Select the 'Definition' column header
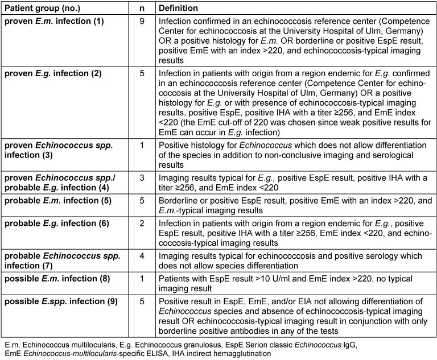tap(179, 9)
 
